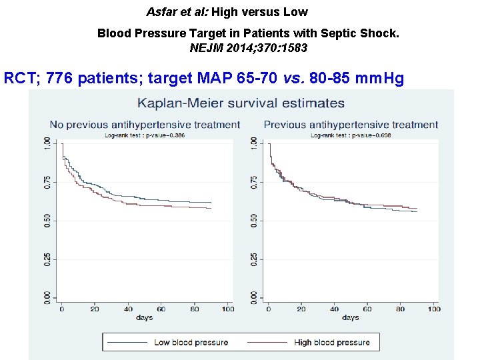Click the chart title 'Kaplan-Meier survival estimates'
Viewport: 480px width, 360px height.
click(x=241, y=103)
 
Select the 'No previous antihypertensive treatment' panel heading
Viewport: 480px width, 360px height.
click(x=145, y=125)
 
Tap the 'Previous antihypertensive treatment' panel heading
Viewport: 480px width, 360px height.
click(x=351, y=125)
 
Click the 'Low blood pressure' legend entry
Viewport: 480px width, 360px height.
click(x=191, y=343)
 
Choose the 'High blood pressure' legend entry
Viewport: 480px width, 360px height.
click(x=331, y=343)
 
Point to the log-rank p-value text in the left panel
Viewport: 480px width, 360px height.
click(x=144, y=135)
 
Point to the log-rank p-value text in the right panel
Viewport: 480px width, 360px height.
click(x=350, y=135)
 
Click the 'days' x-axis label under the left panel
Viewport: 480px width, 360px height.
click(x=144, y=318)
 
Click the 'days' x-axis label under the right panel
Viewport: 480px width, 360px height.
click(x=350, y=318)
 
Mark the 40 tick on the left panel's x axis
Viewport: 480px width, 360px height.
click(x=128, y=309)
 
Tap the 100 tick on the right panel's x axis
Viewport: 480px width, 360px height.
click(x=433, y=309)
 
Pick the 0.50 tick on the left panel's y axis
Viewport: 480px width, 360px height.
click(x=47, y=221)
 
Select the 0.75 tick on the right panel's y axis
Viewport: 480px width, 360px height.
click(x=254, y=182)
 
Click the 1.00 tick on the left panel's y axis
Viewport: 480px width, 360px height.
click(x=47, y=144)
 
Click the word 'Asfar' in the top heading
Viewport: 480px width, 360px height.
click(x=161, y=12)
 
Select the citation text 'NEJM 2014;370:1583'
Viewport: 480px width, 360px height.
click(x=249, y=48)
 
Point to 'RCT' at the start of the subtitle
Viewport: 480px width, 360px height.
click(x=19, y=79)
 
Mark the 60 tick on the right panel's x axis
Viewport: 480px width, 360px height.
click(x=367, y=309)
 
